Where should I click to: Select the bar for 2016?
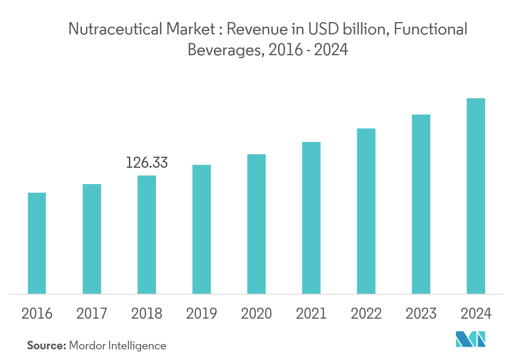(37, 243)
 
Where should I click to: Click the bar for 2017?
(92, 239)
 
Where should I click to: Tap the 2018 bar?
(147, 234)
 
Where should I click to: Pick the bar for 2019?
(201, 229)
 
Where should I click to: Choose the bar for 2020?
(256, 224)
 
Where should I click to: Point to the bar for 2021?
(311, 218)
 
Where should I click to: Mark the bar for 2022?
(366, 211)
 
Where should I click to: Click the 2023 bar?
(421, 204)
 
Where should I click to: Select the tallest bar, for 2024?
(476, 196)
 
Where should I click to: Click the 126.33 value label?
(147, 163)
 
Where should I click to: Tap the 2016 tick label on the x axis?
(37, 314)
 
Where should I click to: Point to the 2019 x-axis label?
(201, 314)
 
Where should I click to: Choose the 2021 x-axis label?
(311, 314)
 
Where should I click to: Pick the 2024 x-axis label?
(476, 314)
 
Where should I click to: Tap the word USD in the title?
(319, 29)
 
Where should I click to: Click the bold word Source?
(46, 346)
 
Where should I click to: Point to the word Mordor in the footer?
(88, 346)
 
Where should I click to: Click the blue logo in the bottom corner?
(471, 339)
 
